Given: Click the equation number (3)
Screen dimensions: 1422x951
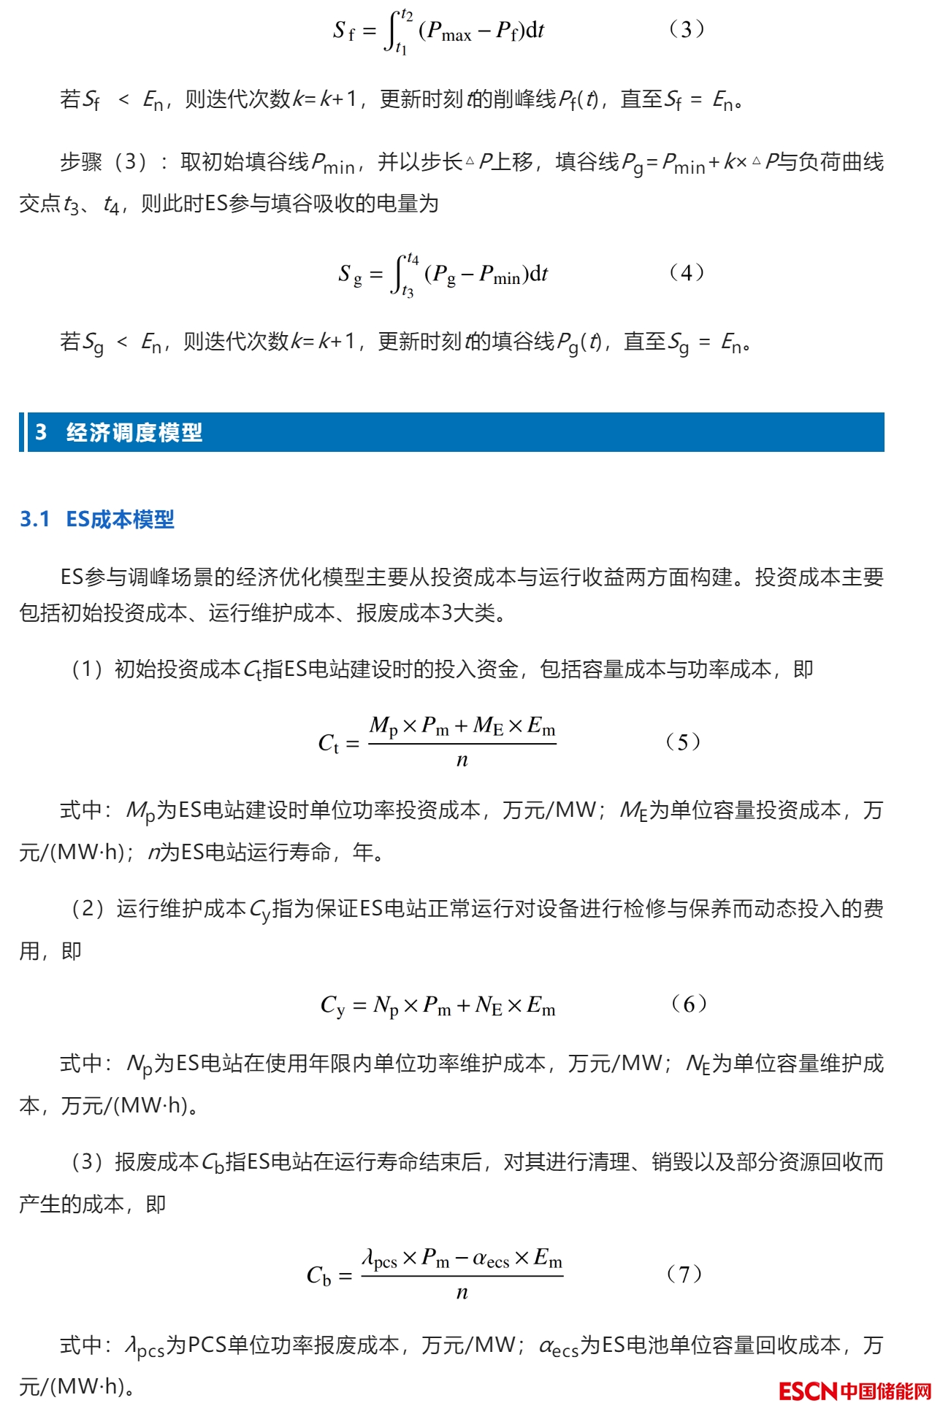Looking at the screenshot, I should [x=687, y=29].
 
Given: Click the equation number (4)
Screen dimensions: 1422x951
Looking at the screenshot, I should [x=687, y=272].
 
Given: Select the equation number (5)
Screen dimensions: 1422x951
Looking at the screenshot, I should [x=683, y=742].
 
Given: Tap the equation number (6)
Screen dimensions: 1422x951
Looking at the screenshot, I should [x=689, y=1004].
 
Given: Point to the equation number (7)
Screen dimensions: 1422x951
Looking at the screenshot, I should [x=684, y=1274].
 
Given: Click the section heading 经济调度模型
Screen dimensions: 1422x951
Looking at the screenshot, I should [x=134, y=432].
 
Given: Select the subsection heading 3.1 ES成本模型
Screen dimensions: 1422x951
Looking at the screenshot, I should [x=97, y=519].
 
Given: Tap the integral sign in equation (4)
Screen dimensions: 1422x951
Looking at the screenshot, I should [x=399, y=274].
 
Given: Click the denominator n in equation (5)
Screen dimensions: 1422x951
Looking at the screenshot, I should [x=462, y=760].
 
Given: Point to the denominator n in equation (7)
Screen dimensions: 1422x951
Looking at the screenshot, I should [x=462, y=1292].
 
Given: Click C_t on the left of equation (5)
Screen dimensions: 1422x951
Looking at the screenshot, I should [x=328, y=743].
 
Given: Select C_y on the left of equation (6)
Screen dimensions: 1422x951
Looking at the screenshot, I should [x=332, y=1005].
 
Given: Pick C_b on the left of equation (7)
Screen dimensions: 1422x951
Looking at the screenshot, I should [x=319, y=1275].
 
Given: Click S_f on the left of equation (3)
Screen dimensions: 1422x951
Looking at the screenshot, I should [x=343, y=31].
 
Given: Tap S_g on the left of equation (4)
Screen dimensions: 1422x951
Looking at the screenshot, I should [x=350, y=274].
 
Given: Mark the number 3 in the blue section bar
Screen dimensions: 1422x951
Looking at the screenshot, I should [x=41, y=432].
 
